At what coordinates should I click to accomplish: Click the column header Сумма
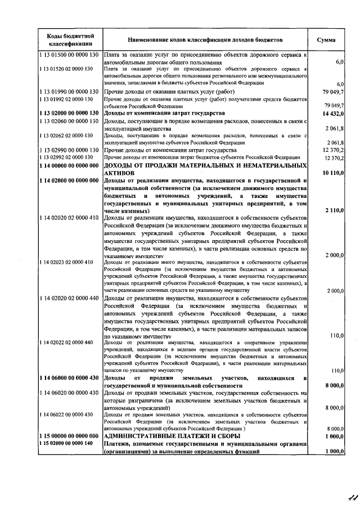[327, 40]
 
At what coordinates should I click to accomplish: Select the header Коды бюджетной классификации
[70, 40]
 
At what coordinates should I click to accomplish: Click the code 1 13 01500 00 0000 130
[69, 55]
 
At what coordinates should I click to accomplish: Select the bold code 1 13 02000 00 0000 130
[69, 113]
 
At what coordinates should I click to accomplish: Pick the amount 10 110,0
[331, 173]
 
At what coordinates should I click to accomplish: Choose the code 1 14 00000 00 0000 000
[69, 166]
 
